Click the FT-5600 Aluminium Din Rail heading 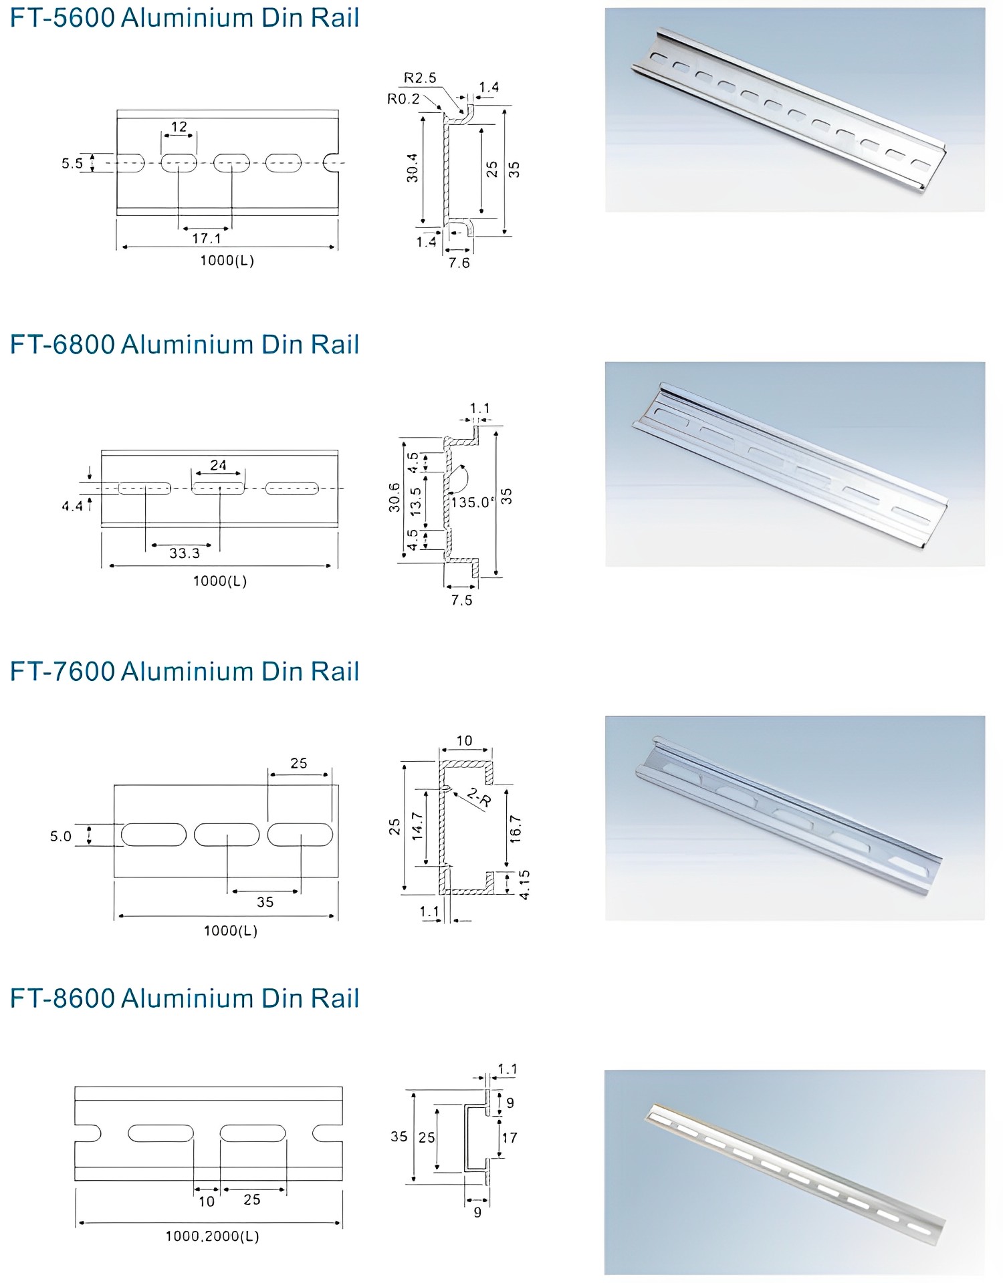tap(185, 18)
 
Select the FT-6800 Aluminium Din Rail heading tap(185, 345)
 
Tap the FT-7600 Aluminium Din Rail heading tap(185, 672)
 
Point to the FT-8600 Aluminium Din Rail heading tap(185, 998)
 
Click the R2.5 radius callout tap(420, 78)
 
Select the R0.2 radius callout tap(403, 99)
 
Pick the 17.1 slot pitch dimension tap(206, 239)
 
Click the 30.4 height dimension tap(413, 168)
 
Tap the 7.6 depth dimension tap(459, 263)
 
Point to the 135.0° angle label tap(473, 503)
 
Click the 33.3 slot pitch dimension tap(185, 553)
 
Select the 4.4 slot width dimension tap(72, 507)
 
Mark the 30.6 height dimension tap(395, 497)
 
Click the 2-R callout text tap(479, 797)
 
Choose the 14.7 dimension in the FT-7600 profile tap(418, 826)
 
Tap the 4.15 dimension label tap(525, 884)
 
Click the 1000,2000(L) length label tap(212, 1236)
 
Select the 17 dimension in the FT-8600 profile tap(510, 1137)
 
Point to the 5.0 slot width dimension tap(60, 837)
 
